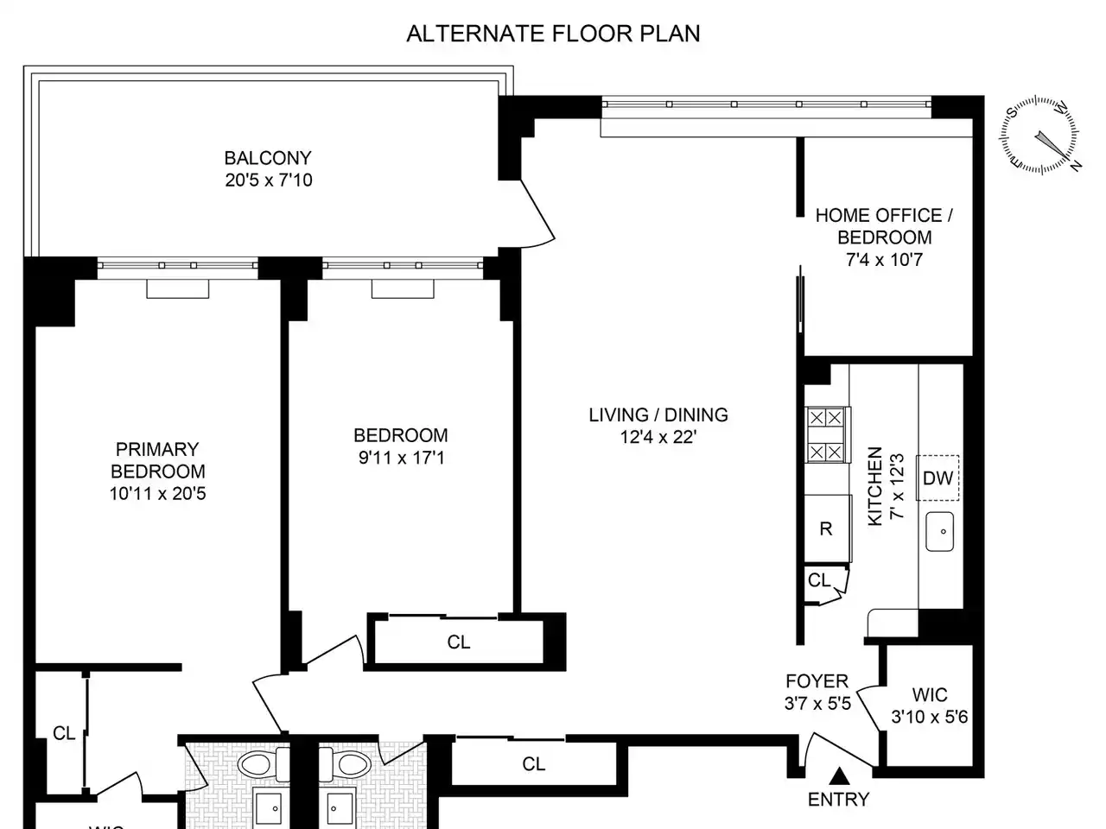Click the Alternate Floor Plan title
[x=553, y=34]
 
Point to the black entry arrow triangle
[x=839, y=775]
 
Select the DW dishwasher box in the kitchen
[x=938, y=478]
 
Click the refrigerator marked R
[x=827, y=528]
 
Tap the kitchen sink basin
[x=940, y=532]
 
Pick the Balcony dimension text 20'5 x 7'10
[x=269, y=180]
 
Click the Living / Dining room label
[x=658, y=414]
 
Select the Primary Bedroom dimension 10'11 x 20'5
[x=158, y=494]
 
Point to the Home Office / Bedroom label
[x=884, y=226]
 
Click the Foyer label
[x=817, y=681]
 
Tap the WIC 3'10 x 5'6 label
[x=930, y=706]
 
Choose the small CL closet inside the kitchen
[x=819, y=580]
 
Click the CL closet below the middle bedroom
[x=459, y=642]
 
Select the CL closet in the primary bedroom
[x=64, y=733]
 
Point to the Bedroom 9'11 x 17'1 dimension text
[x=402, y=458]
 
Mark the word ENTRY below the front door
[x=839, y=800]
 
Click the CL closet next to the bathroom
[x=534, y=764]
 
